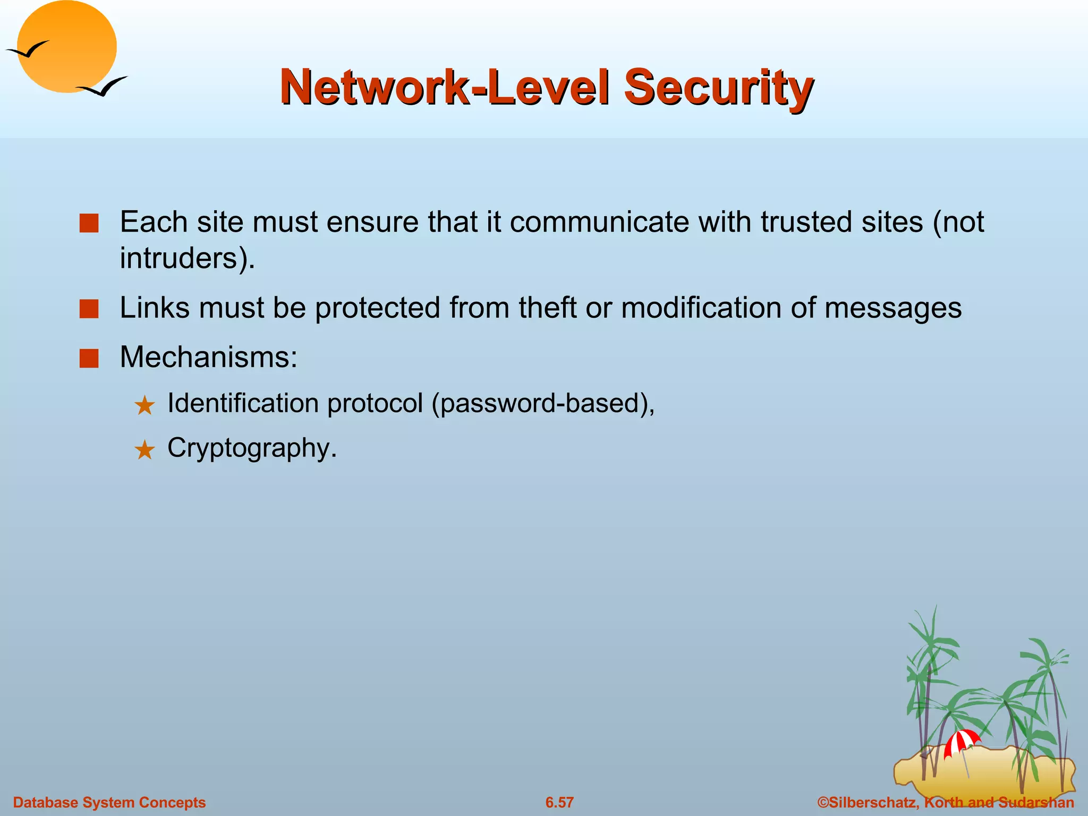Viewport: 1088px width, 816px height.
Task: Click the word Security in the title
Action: point(718,88)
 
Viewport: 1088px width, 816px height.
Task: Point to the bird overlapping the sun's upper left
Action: point(28,49)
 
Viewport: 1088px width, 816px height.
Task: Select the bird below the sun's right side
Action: point(103,87)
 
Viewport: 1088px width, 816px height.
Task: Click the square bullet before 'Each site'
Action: point(89,223)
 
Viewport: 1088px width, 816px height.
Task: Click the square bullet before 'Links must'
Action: point(89,309)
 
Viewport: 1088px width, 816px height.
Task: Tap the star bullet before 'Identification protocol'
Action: point(144,406)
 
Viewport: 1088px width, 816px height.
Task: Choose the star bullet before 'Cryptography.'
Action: point(144,450)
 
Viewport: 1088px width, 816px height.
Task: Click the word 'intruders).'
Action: point(188,259)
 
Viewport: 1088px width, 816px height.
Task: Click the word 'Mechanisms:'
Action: point(209,357)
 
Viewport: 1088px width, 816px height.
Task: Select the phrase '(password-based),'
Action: point(543,404)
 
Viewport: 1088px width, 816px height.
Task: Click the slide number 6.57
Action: point(559,802)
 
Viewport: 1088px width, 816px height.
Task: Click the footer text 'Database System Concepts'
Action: point(109,802)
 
